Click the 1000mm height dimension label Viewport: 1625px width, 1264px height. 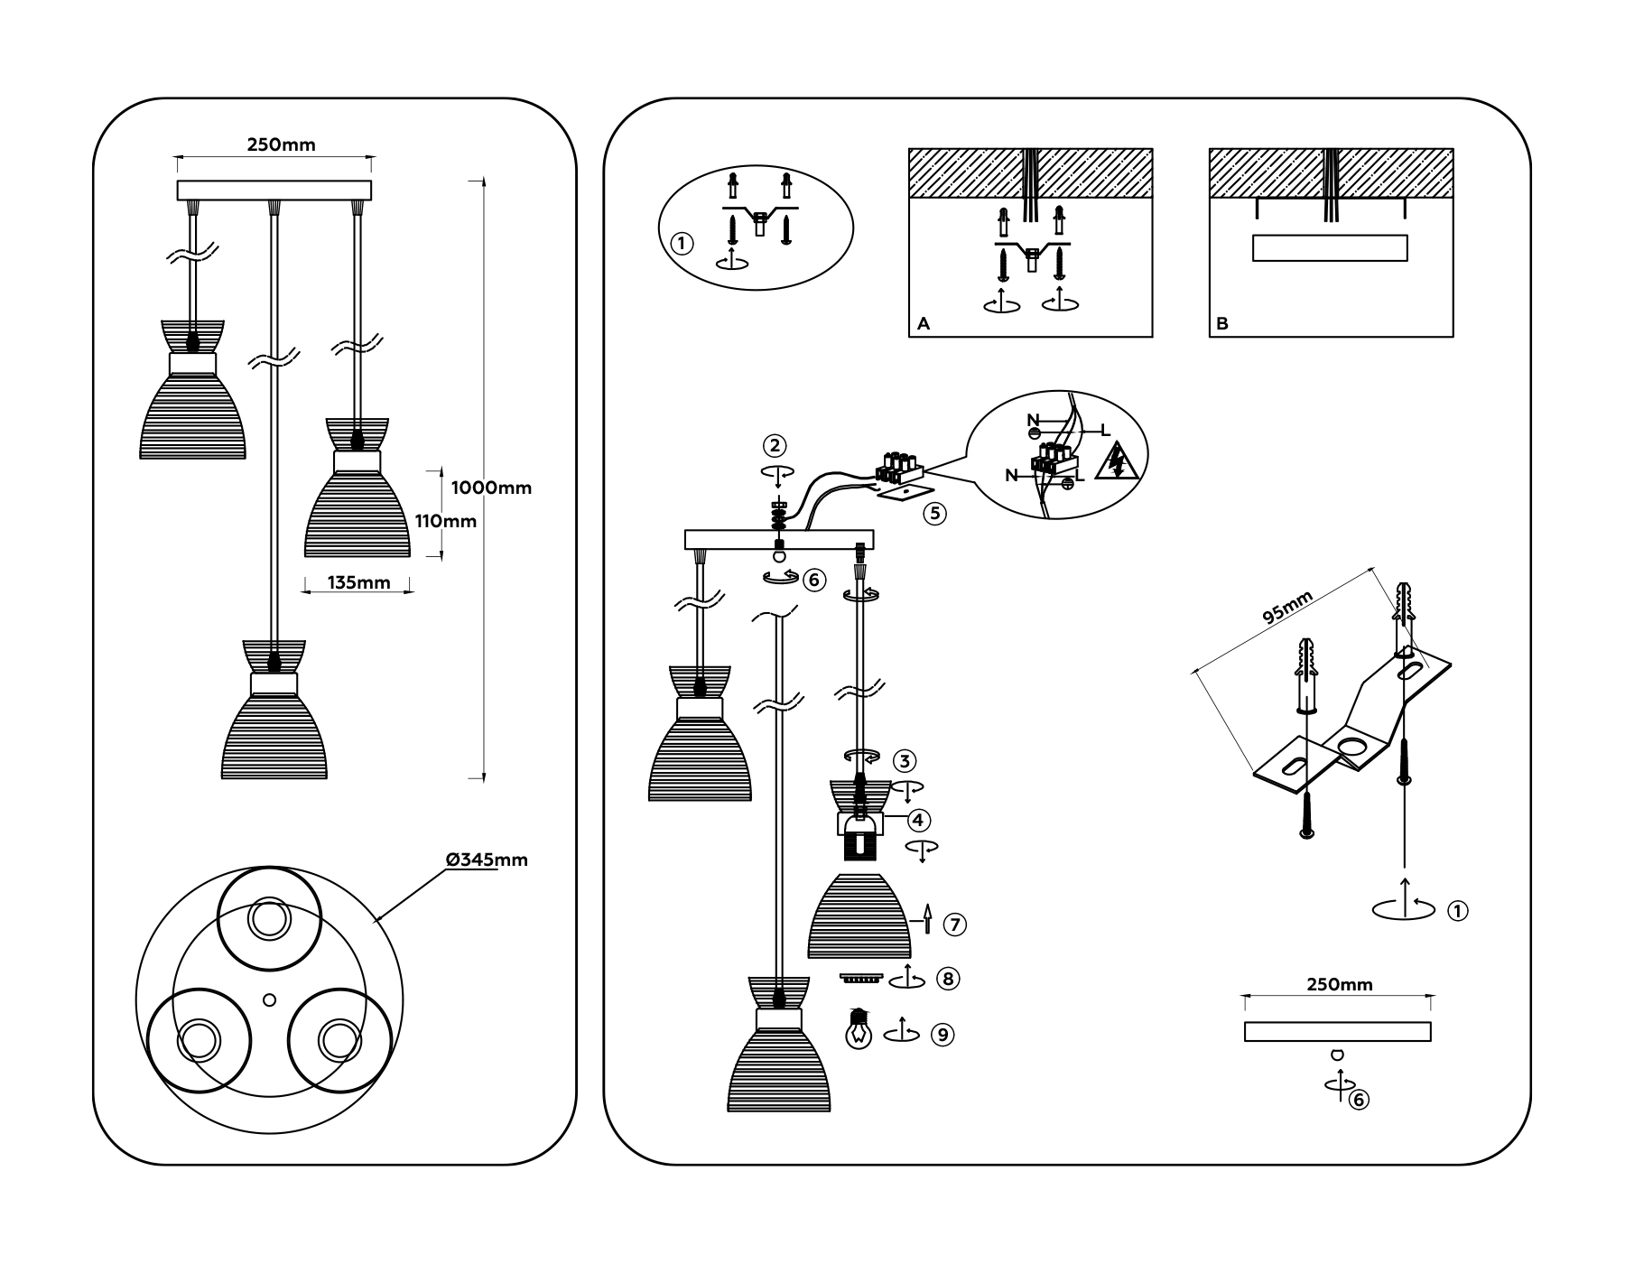pyautogui.click(x=491, y=488)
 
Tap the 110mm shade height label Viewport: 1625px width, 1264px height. pyautogui.click(x=446, y=521)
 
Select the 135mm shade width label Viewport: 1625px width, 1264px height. pyautogui.click(x=359, y=582)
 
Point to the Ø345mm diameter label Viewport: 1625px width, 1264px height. pyautogui.click(x=487, y=860)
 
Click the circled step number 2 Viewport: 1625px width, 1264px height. pyautogui.click(x=775, y=445)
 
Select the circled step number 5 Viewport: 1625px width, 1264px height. pyautogui.click(x=934, y=514)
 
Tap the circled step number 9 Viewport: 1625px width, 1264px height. pyautogui.click(x=942, y=1035)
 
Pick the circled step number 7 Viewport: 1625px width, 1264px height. pyautogui.click(x=955, y=925)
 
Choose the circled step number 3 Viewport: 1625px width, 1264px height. pyautogui.click(x=905, y=760)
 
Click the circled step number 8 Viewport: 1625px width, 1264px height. pyautogui.click(x=948, y=978)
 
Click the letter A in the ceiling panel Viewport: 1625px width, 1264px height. pyautogui.click(x=923, y=323)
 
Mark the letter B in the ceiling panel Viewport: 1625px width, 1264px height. pyautogui.click(x=1222, y=323)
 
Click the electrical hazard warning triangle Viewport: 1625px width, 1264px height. pyautogui.click(x=1117, y=460)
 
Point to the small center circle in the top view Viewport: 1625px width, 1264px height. pyautogui.click(x=268, y=999)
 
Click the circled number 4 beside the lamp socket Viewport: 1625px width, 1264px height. pyautogui.click(x=918, y=820)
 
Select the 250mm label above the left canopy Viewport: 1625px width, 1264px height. pyautogui.click(x=282, y=144)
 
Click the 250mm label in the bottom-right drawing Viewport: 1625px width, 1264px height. pyautogui.click(x=1340, y=984)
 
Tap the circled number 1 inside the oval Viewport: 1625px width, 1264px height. pyautogui.click(x=682, y=243)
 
